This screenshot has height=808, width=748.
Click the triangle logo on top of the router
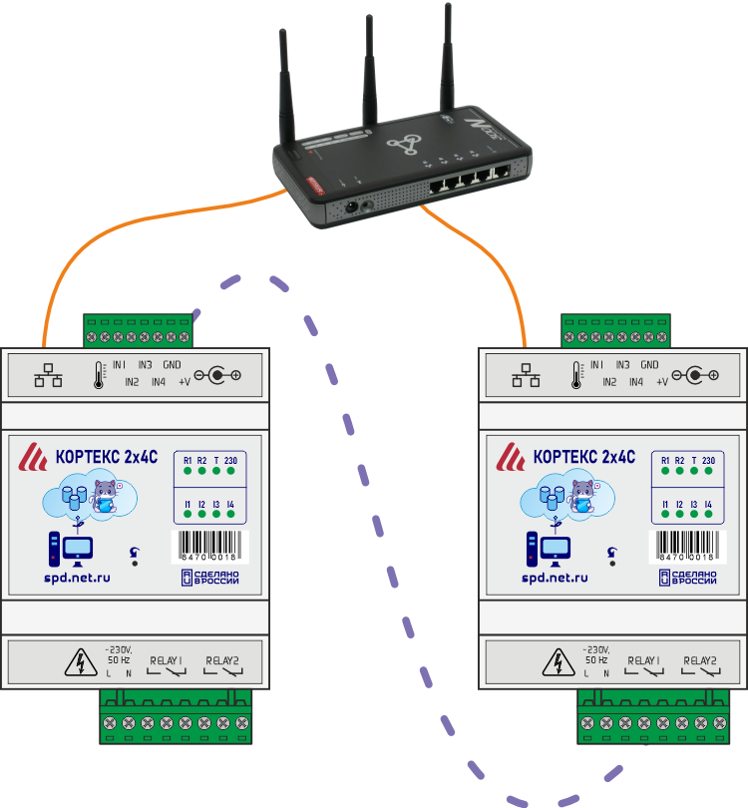(405, 146)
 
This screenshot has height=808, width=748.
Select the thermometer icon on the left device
(99, 375)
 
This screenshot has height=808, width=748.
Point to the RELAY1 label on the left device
(166, 660)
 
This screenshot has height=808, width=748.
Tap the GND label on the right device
(650, 366)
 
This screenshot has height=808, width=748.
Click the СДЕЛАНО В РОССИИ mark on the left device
(205, 579)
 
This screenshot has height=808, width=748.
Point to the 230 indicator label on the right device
(708, 460)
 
